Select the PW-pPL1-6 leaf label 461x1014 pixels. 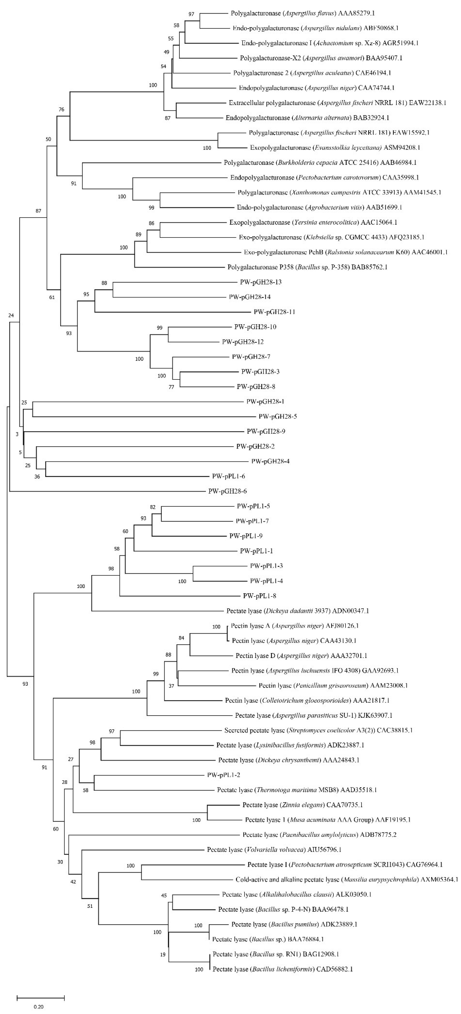pyautogui.click(x=229, y=476)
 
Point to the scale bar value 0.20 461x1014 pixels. pyautogui.click(x=38, y=1007)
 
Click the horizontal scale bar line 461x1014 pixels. pyautogui.click(x=40, y=998)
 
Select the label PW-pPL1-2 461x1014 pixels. pyautogui.click(x=223, y=775)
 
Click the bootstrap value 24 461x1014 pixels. pyautogui.click(x=11, y=315)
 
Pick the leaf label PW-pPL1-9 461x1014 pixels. pyautogui.click(x=246, y=536)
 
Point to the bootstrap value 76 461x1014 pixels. pyautogui.click(x=61, y=109)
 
